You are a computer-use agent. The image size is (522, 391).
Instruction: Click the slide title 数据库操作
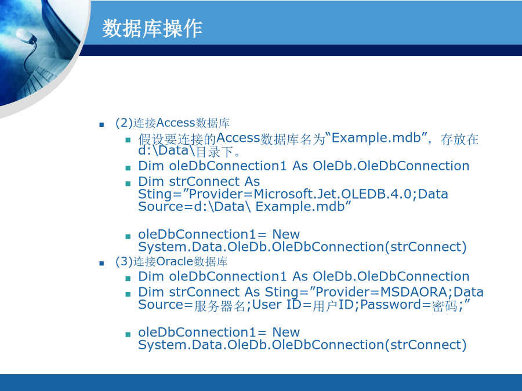click(x=152, y=28)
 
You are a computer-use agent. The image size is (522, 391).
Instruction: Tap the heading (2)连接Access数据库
click(x=172, y=123)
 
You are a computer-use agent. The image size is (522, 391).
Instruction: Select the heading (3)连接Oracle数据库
click(x=172, y=261)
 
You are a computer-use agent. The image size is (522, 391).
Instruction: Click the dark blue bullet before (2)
click(x=101, y=125)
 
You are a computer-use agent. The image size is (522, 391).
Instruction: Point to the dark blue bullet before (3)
click(x=101, y=264)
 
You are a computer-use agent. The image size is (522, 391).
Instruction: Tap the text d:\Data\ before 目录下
click(x=166, y=151)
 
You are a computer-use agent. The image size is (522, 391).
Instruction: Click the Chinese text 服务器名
click(x=220, y=305)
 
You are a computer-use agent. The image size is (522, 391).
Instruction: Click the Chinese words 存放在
click(x=459, y=139)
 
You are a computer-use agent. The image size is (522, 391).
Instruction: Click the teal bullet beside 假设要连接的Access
click(x=128, y=140)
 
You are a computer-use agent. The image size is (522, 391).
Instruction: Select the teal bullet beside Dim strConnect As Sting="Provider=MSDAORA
click(x=128, y=294)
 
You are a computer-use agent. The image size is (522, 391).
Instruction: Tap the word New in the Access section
click(x=286, y=234)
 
